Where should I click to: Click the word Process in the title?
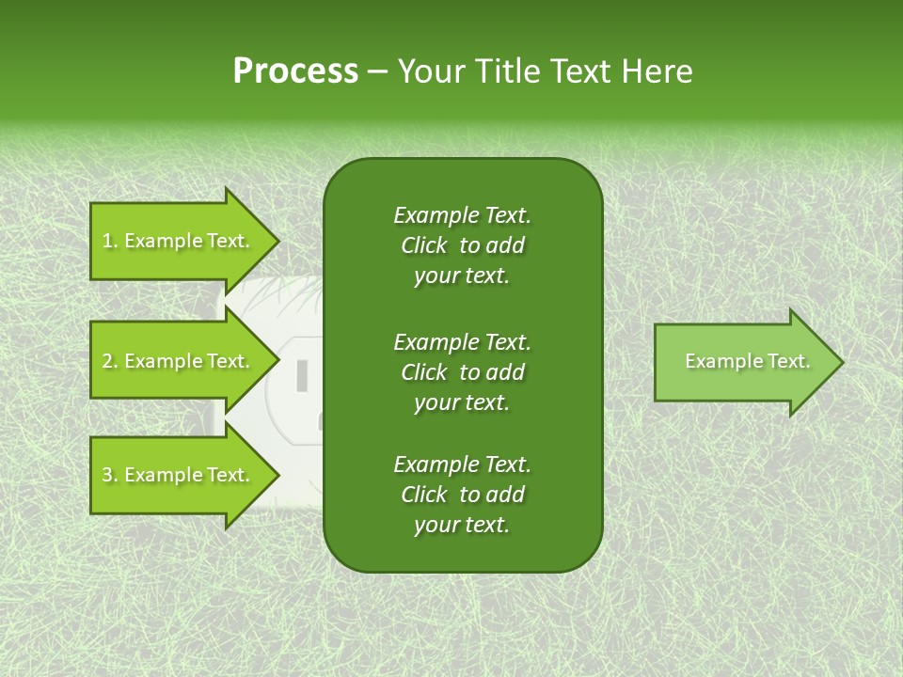click(295, 71)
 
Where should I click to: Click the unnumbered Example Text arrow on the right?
click(743, 362)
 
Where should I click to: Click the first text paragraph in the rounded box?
click(462, 245)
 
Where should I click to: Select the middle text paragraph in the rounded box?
click(462, 372)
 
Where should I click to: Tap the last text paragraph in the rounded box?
click(462, 495)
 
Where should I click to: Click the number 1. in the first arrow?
click(109, 241)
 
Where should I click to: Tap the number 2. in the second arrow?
click(109, 361)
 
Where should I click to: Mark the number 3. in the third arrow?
click(109, 475)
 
